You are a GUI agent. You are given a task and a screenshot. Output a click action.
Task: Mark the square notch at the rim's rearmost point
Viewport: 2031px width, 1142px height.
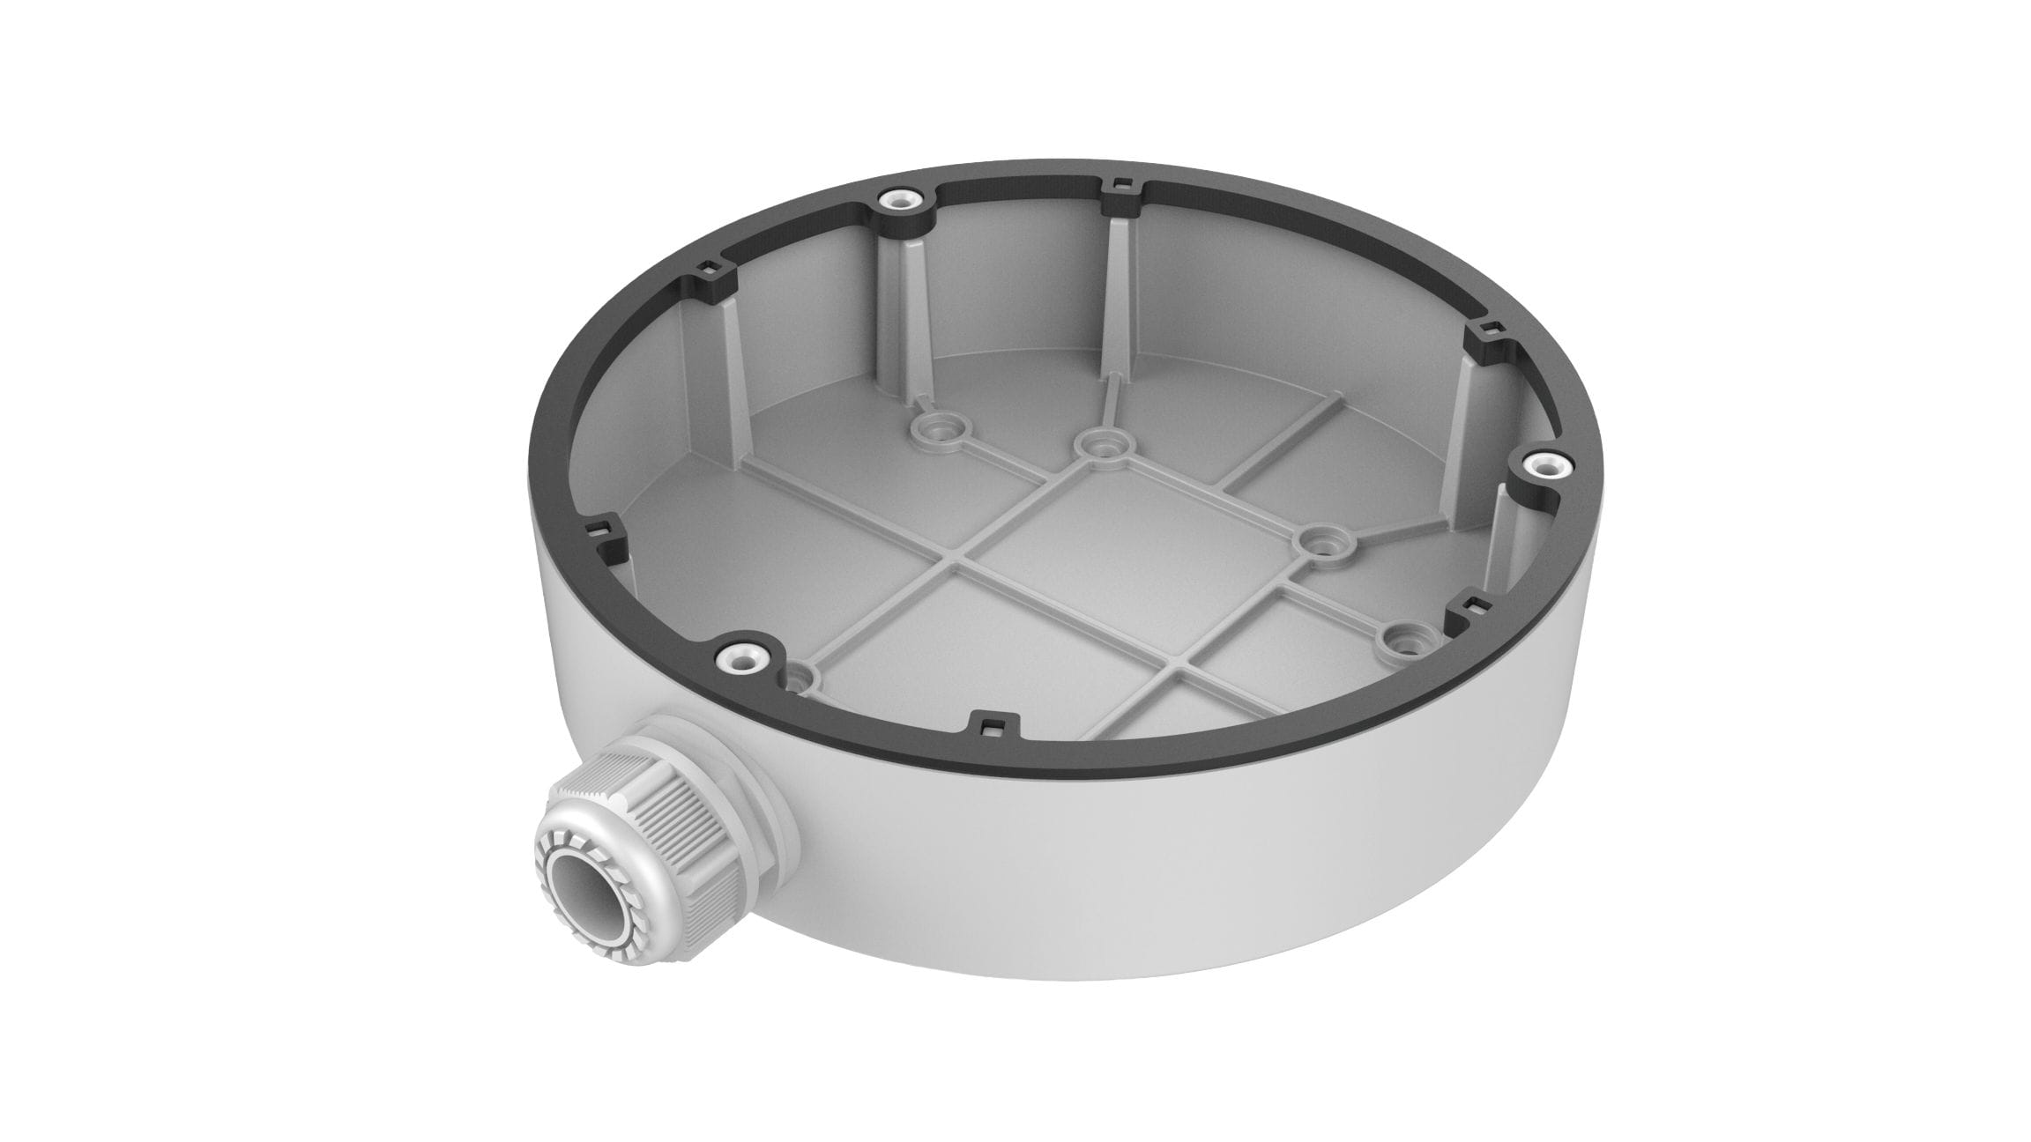[1120, 185]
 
